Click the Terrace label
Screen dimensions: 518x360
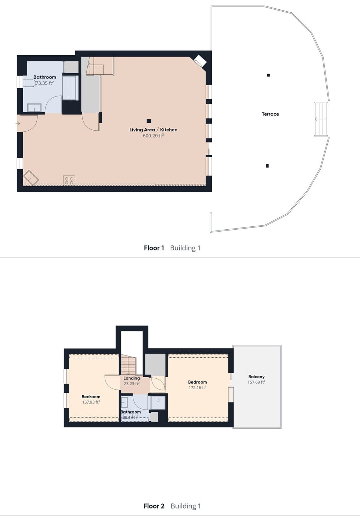[270, 114]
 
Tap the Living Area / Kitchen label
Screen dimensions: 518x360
[153, 130]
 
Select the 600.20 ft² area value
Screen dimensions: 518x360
[153, 136]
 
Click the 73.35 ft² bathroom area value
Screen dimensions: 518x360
[45, 83]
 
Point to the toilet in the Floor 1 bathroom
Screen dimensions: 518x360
[28, 83]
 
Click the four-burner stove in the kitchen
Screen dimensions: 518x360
[69, 181]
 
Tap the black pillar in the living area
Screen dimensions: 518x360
[149, 121]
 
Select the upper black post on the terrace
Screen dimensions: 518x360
[268, 75]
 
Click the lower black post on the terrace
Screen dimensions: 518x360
[267, 166]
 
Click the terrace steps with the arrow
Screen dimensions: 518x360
[321, 119]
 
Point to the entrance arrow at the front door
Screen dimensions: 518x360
[18, 123]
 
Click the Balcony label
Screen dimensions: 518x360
[256, 377]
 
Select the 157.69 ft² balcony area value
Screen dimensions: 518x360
[256, 382]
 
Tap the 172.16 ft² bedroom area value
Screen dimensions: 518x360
[198, 388]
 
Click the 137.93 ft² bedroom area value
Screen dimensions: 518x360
[91, 402]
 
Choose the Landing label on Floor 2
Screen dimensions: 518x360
[132, 378]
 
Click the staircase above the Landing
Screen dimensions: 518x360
[129, 365]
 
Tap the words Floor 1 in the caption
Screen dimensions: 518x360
[154, 248]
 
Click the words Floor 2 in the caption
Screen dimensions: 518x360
[154, 506]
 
